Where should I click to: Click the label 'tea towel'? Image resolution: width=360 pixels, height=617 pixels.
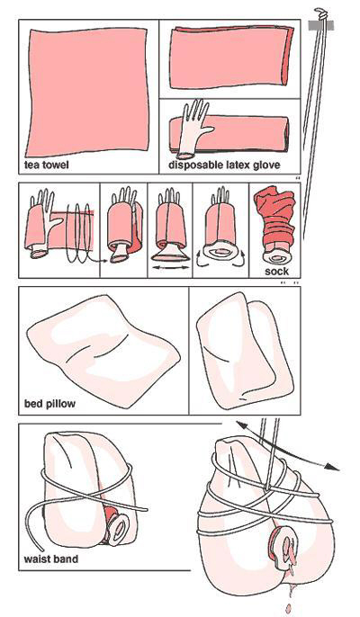point(46,164)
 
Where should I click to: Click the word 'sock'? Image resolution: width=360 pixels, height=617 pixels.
point(276,271)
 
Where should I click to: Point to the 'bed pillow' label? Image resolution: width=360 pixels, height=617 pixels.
point(49,404)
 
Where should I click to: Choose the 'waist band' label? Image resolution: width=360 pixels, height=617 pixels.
point(50,559)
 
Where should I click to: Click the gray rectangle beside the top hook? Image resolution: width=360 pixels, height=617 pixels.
point(321,25)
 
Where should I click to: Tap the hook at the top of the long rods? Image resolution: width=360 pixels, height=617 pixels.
point(321,13)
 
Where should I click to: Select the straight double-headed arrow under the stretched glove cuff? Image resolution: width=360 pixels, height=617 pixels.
point(171,267)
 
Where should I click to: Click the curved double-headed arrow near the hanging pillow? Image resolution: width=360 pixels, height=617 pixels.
point(287,444)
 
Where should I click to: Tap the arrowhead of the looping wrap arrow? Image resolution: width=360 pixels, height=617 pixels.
point(105,260)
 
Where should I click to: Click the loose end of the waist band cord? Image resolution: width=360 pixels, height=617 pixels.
point(42,550)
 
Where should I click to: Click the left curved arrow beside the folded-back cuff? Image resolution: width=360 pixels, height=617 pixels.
point(200,261)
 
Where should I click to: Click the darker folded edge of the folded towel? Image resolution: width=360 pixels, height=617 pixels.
point(288,56)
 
